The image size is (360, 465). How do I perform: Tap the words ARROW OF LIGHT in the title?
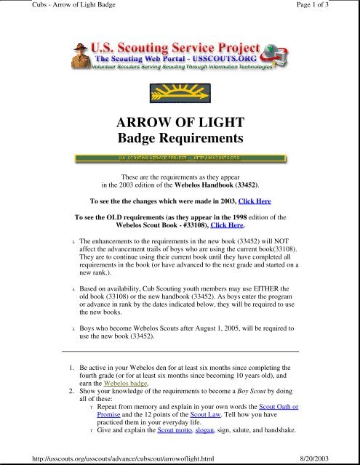point(179,123)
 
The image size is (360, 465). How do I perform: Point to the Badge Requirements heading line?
point(179,138)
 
